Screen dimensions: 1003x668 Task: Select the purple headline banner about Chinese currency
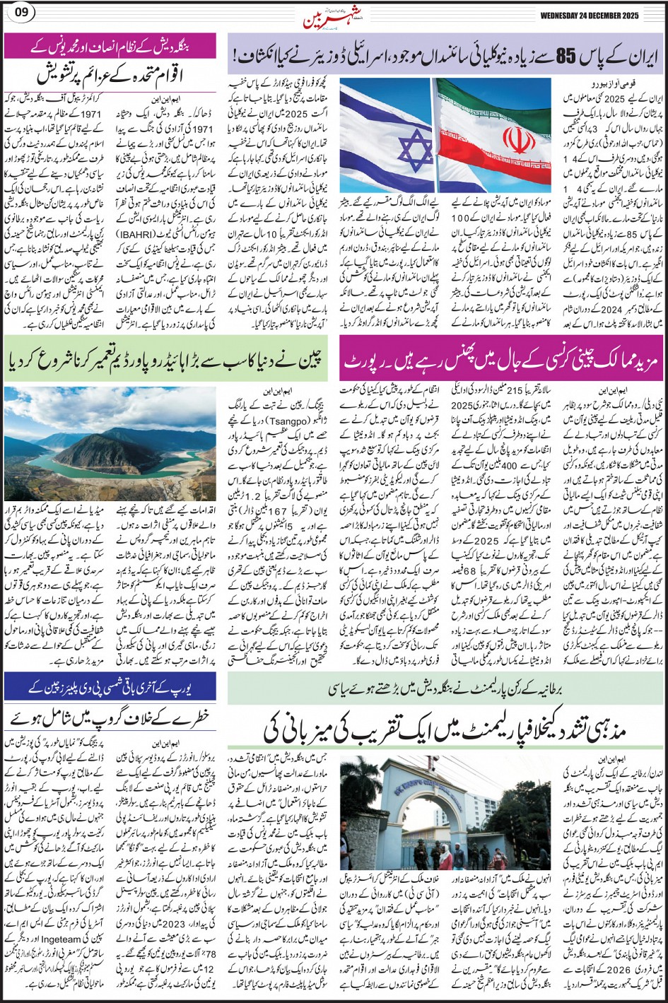[x=503, y=357]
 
